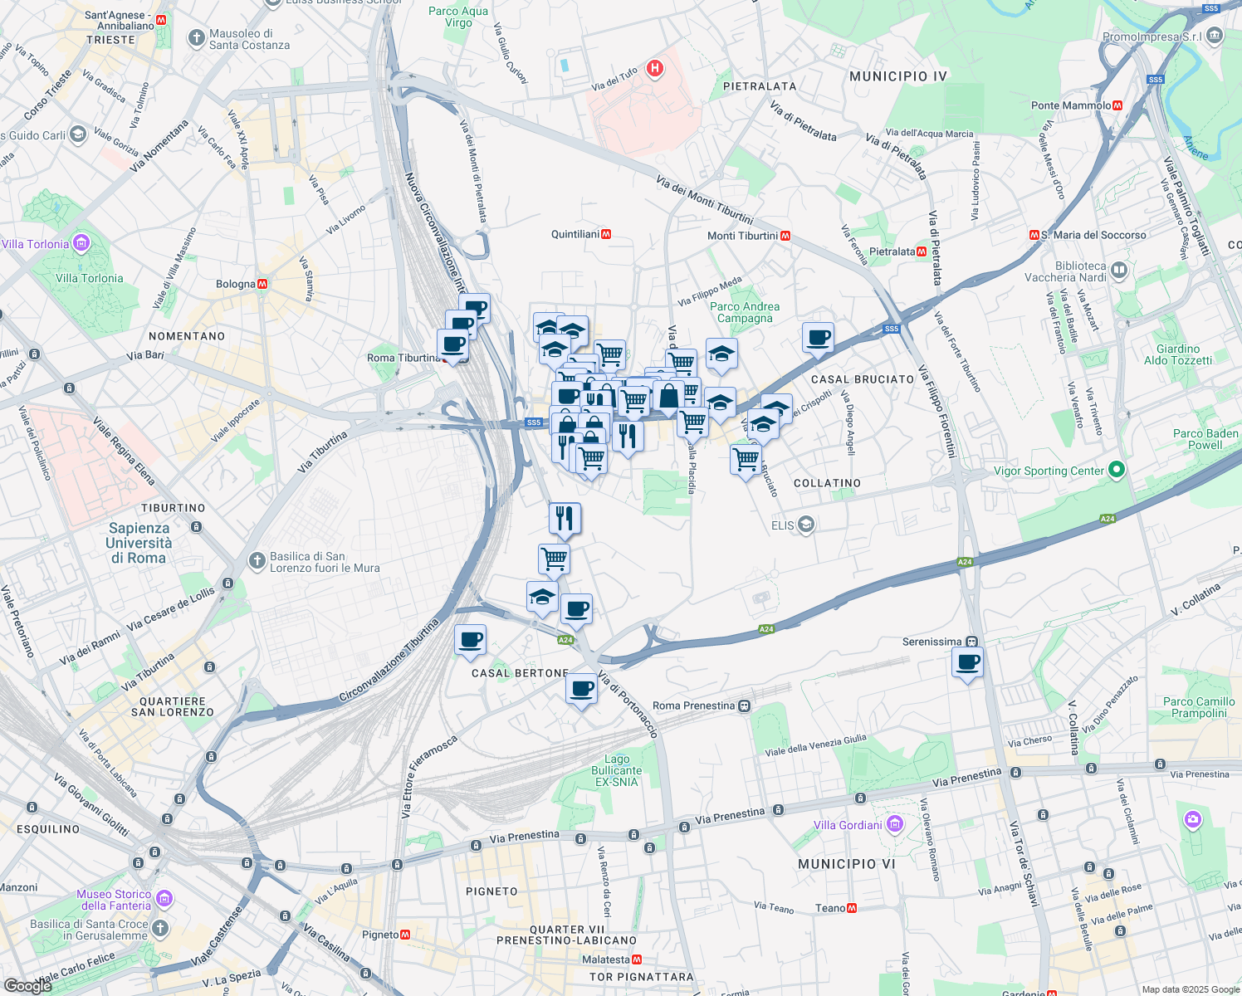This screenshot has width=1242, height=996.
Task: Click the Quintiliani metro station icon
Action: pyautogui.click(x=606, y=235)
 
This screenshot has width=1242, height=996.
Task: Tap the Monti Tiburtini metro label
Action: pyautogui.click(x=742, y=236)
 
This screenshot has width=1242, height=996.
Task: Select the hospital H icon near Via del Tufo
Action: pyautogui.click(x=655, y=68)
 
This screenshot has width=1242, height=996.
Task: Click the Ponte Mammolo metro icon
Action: pyautogui.click(x=1117, y=105)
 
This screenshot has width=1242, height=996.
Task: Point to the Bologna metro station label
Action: pyautogui.click(x=236, y=284)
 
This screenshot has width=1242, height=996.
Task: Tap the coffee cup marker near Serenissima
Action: pyautogui.click(x=968, y=663)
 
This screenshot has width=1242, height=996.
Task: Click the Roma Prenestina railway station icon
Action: pyautogui.click(x=744, y=706)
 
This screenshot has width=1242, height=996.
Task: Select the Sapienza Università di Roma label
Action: pyautogui.click(x=139, y=543)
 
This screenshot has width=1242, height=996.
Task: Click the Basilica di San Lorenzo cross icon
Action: pyautogui.click(x=257, y=562)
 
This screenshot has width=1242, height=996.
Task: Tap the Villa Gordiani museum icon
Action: pyautogui.click(x=894, y=824)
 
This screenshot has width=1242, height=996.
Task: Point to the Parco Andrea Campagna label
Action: pyautogui.click(x=745, y=312)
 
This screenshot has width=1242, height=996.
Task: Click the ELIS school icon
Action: pyautogui.click(x=804, y=525)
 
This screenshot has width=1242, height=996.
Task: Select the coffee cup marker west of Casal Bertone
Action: pyautogui.click(x=470, y=640)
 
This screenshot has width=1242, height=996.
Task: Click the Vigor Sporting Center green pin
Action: pyautogui.click(x=1117, y=471)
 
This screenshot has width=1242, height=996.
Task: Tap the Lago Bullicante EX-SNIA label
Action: pyautogui.click(x=616, y=770)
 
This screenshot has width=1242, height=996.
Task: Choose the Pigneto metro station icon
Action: pyautogui.click(x=405, y=935)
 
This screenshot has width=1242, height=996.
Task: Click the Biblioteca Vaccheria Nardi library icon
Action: pyautogui.click(x=1119, y=270)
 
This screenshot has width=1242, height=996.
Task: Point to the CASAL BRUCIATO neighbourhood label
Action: pyautogui.click(x=862, y=379)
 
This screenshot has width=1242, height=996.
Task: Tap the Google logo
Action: pyautogui.click(x=27, y=985)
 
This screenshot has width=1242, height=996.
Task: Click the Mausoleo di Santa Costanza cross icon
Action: pyautogui.click(x=196, y=38)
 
